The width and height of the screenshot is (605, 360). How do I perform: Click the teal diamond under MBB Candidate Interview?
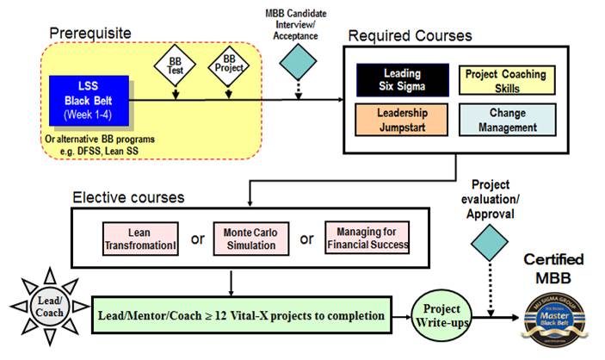[x=296, y=61]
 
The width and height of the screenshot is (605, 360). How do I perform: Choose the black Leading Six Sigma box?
[x=401, y=79]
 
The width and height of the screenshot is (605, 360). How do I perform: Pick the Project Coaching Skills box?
[x=506, y=79]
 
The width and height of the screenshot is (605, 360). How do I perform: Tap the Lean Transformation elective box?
[x=139, y=237]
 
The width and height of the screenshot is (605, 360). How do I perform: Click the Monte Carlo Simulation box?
[x=252, y=237]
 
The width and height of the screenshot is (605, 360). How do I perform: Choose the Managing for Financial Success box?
[x=367, y=237]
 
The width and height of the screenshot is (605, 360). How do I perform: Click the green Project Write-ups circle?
[x=440, y=313]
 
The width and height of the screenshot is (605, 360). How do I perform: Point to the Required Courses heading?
[x=409, y=36]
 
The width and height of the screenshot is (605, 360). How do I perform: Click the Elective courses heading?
[x=127, y=197]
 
